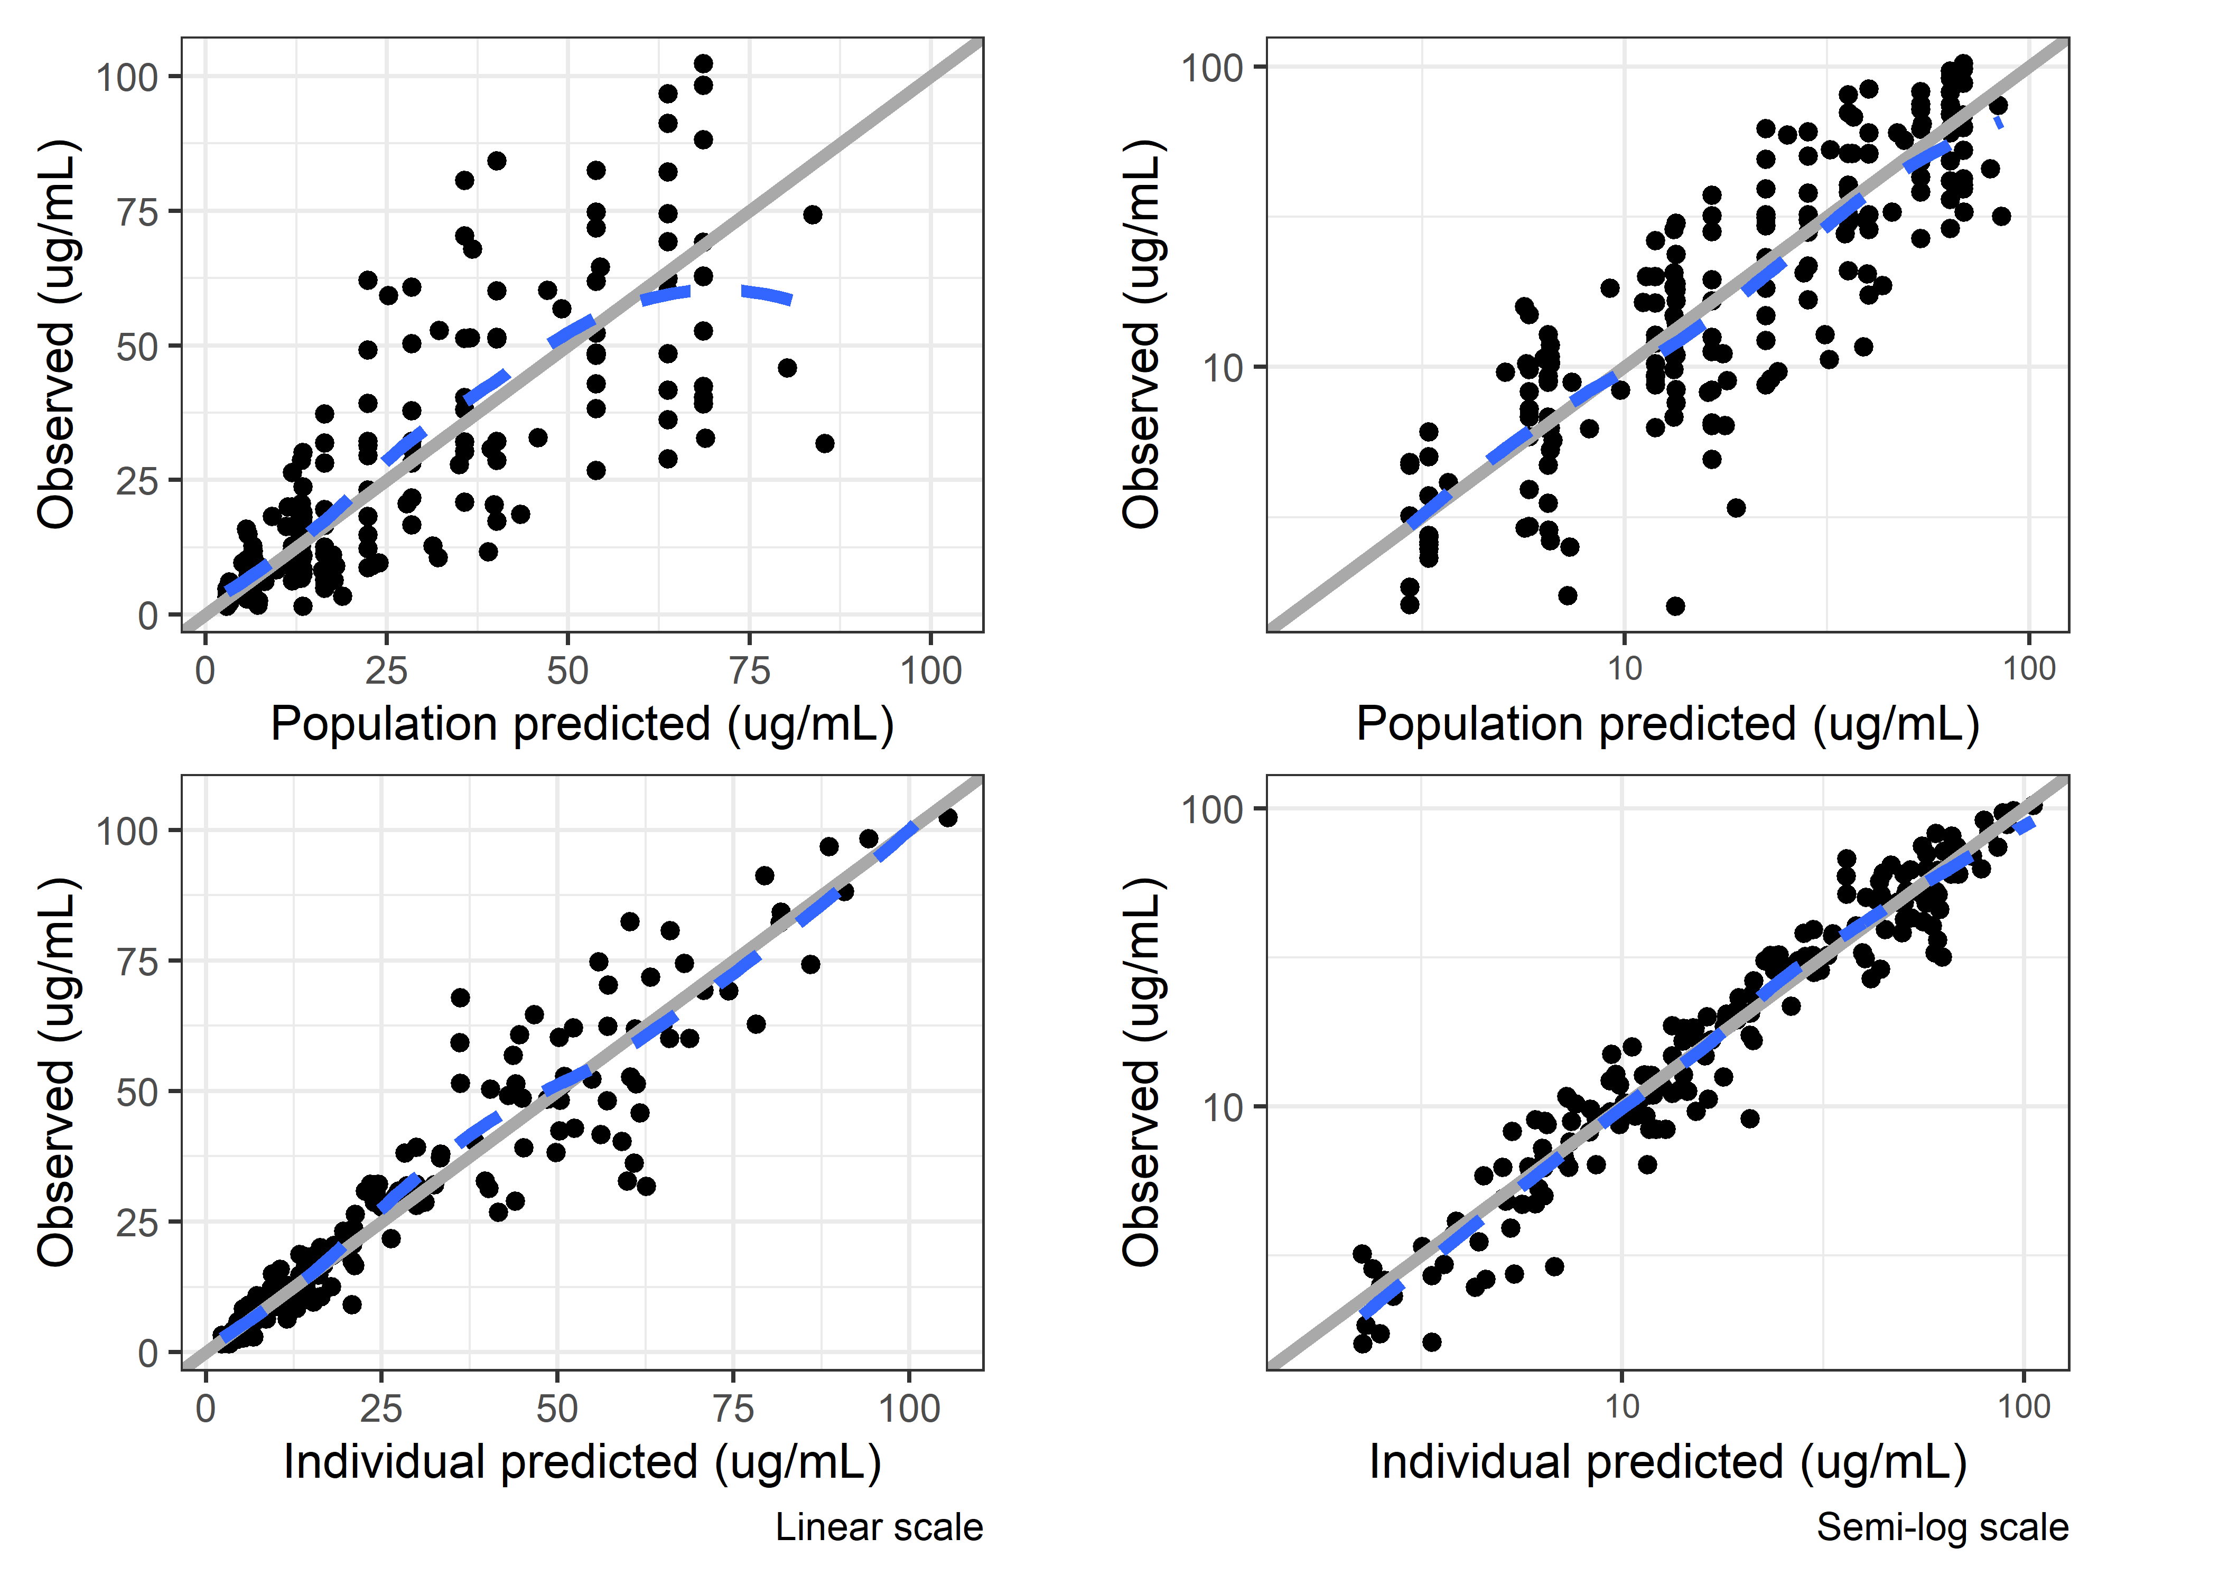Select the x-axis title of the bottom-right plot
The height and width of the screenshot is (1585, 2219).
click(x=1667, y=1462)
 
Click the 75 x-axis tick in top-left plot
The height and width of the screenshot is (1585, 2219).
click(x=749, y=670)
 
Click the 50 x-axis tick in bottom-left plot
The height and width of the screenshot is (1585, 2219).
click(x=557, y=1409)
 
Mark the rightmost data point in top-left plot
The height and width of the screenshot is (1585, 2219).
click(x=825, y=443)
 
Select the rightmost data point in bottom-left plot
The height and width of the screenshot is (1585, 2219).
click(x=947, y=817)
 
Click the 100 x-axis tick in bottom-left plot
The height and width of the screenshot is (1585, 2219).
click(x=909, y=1409)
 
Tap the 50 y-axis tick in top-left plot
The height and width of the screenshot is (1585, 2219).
click(x=137, y=347)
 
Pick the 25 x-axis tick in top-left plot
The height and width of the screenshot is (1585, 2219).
click(x=386, y=670)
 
